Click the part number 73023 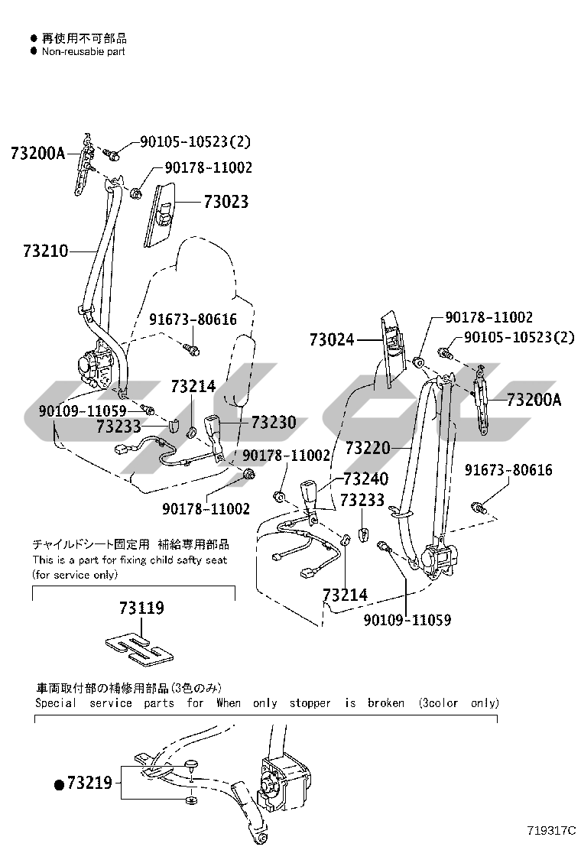click(x=226, y=202)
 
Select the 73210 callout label click(x=45, y=250)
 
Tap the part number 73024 click(x=332, y=339)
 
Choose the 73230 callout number click(x=273, y=423)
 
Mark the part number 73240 click(x=365, y=479)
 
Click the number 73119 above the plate click(x=141, y=608)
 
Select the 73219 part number click(x=89, y=783)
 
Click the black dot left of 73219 click(x=59, y=783)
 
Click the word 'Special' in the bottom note click(x=56, y=702)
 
